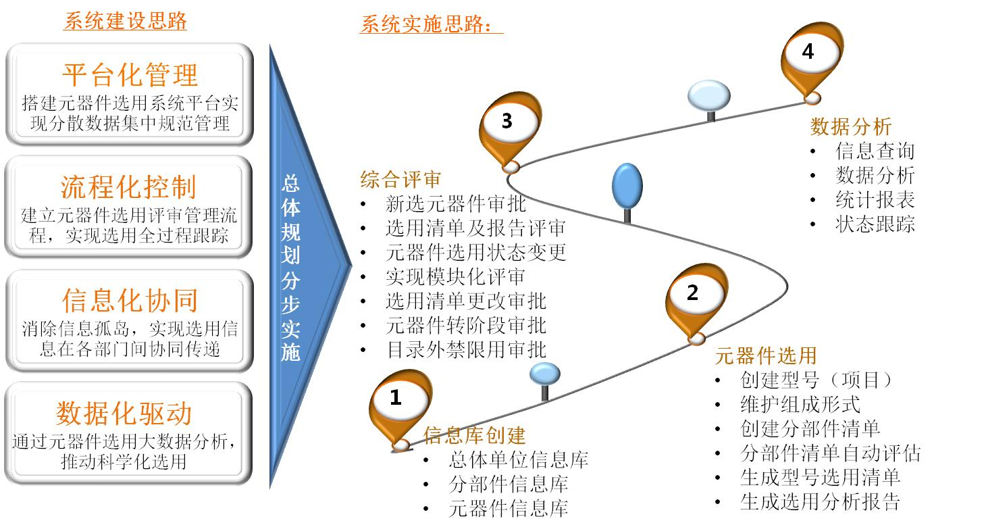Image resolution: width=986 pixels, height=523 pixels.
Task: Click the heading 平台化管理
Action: pyautogui.click(x=130, y=75)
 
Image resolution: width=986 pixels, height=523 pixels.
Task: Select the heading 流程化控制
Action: pyautogui.click(x=128, y=187)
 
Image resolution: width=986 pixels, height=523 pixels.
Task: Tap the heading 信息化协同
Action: pyautogui.click(x=130, y=301)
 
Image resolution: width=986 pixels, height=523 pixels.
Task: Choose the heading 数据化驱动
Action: pyautogui.click(x=124, y=414)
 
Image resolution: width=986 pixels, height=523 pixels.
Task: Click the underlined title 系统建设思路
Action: pyautogui.click(x=126, y=21)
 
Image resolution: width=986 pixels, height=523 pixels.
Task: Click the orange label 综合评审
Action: pyautogui.click(x=400, y=180)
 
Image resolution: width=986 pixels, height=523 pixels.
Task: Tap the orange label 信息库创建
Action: pyautogui.click(x=475, y=435)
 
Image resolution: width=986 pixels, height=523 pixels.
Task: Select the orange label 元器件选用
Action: pyautogui.click(x=766, y=355)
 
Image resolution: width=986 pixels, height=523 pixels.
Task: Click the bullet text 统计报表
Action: pyautogui.click(x=875, y=200)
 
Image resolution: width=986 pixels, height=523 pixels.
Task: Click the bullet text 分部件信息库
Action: pyautogui.click(x=509, y=484)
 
